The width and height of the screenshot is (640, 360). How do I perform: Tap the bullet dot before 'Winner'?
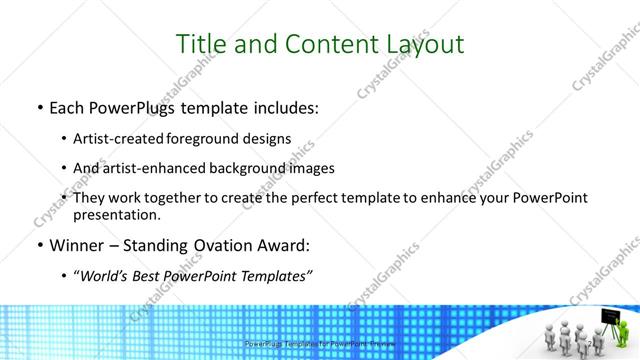tap(39, 245)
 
